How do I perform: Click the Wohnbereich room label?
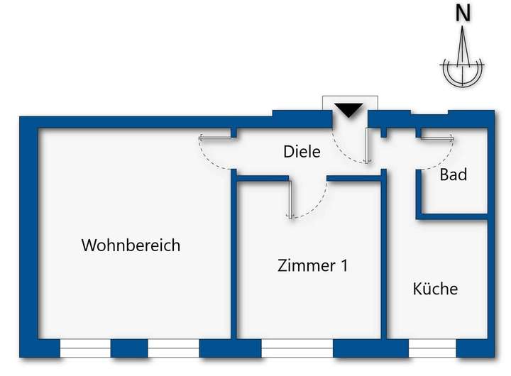[131, 245]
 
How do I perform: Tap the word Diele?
[302, 151]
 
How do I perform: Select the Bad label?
[454, 174]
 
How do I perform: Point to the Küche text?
[435, 289]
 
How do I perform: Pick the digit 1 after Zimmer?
[344, 266]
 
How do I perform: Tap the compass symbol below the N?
[463, 67]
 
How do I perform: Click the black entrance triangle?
[348, 110]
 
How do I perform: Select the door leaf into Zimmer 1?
[290, 198]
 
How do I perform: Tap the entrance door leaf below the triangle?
[366, 145]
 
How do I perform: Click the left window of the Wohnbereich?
[85, 348]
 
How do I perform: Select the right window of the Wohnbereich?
[173, 348]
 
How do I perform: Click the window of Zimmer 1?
[297, 348]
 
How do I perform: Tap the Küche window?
[432, 348]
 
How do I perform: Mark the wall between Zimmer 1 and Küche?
[385, 262]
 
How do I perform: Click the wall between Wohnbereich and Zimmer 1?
[234, 262]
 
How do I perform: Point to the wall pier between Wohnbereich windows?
[129, 348]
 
